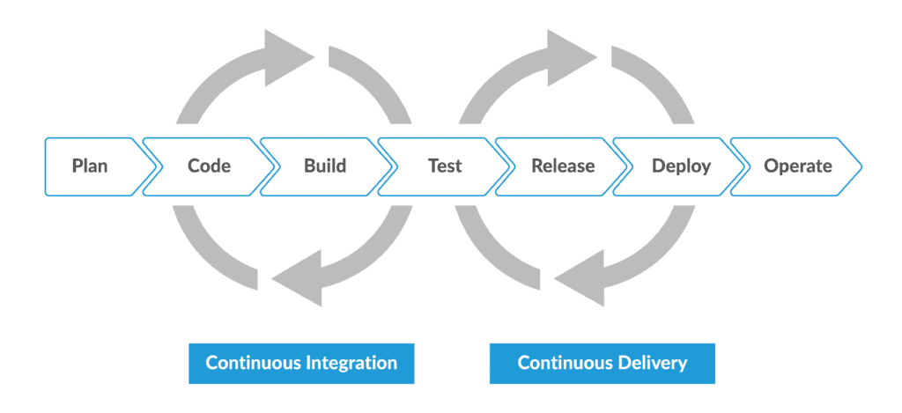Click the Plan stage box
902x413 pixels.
[90, 166]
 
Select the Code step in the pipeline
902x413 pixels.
[209, 166]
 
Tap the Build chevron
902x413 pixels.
[325, 166]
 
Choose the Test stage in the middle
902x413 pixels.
[444, 166]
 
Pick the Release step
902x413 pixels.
[563, 166]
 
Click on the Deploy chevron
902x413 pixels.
[681, 166]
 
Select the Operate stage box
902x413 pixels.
[797, 166]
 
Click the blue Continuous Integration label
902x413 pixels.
[301, 363]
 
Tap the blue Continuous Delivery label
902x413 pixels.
[603, 363]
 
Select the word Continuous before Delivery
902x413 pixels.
[562, 363]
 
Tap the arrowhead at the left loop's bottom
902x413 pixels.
[296, 277]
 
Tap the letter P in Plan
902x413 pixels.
[77, 166]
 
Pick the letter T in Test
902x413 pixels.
[433, 166]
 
